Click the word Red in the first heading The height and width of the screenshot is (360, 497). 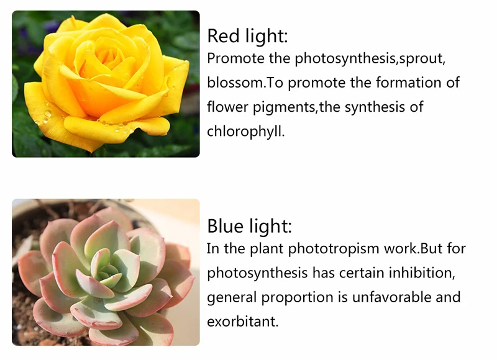coord(223,36)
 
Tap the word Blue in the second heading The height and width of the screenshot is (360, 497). coord(226,226)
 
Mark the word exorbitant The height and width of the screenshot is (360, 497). coord(242,322)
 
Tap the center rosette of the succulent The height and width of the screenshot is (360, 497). coord(109,270)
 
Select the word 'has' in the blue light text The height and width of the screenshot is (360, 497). coord(323,273)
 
